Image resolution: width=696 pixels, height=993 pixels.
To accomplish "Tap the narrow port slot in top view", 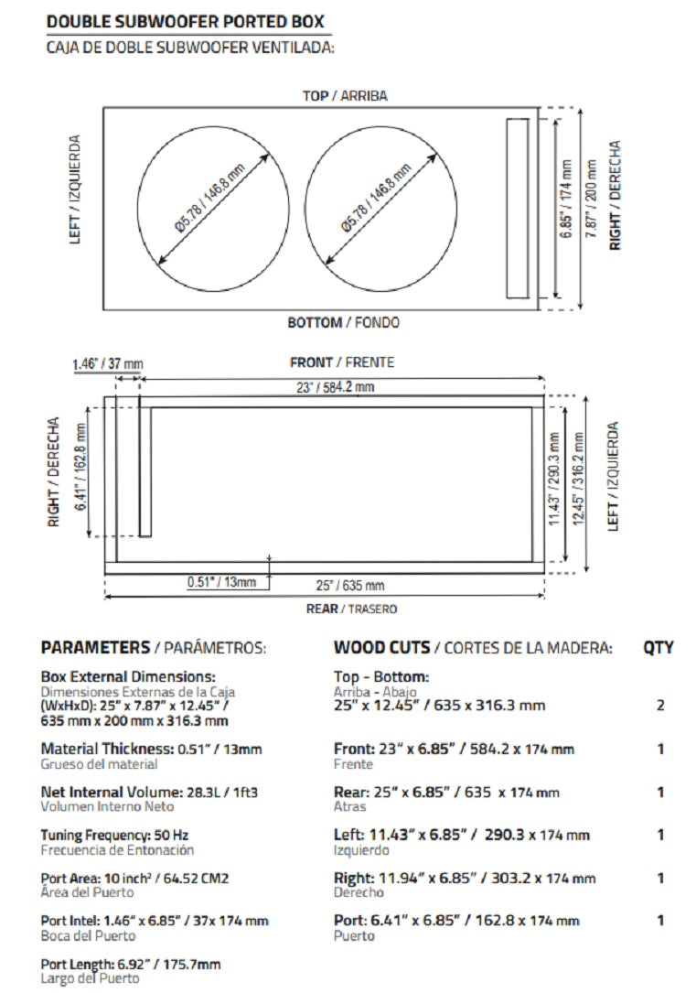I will click(x=518, y=209).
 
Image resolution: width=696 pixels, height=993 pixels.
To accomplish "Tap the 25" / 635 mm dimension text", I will click(x=350, y=586).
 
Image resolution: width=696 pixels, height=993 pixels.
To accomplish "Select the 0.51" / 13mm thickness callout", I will click(x=222, y=581).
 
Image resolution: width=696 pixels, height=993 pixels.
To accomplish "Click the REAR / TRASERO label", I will click(x=351, y=609).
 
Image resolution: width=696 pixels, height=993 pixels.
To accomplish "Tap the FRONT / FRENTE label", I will click(x=342, y=362).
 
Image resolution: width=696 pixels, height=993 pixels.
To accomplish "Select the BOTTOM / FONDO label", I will click(x=343, y=322).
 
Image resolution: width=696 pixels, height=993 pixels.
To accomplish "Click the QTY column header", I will click(x=658, y=648).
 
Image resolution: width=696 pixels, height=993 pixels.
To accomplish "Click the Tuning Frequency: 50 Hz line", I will click(x=115, y=835).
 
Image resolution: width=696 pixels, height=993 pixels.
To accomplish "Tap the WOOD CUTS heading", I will click(x=381, y=648).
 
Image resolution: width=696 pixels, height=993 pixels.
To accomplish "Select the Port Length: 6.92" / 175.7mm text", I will click(x=131, y=964).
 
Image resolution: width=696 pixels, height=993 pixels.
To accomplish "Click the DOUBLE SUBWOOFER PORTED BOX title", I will click(x=184, y=21).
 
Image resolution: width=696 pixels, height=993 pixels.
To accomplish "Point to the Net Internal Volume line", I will click(x=149, y=792).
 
